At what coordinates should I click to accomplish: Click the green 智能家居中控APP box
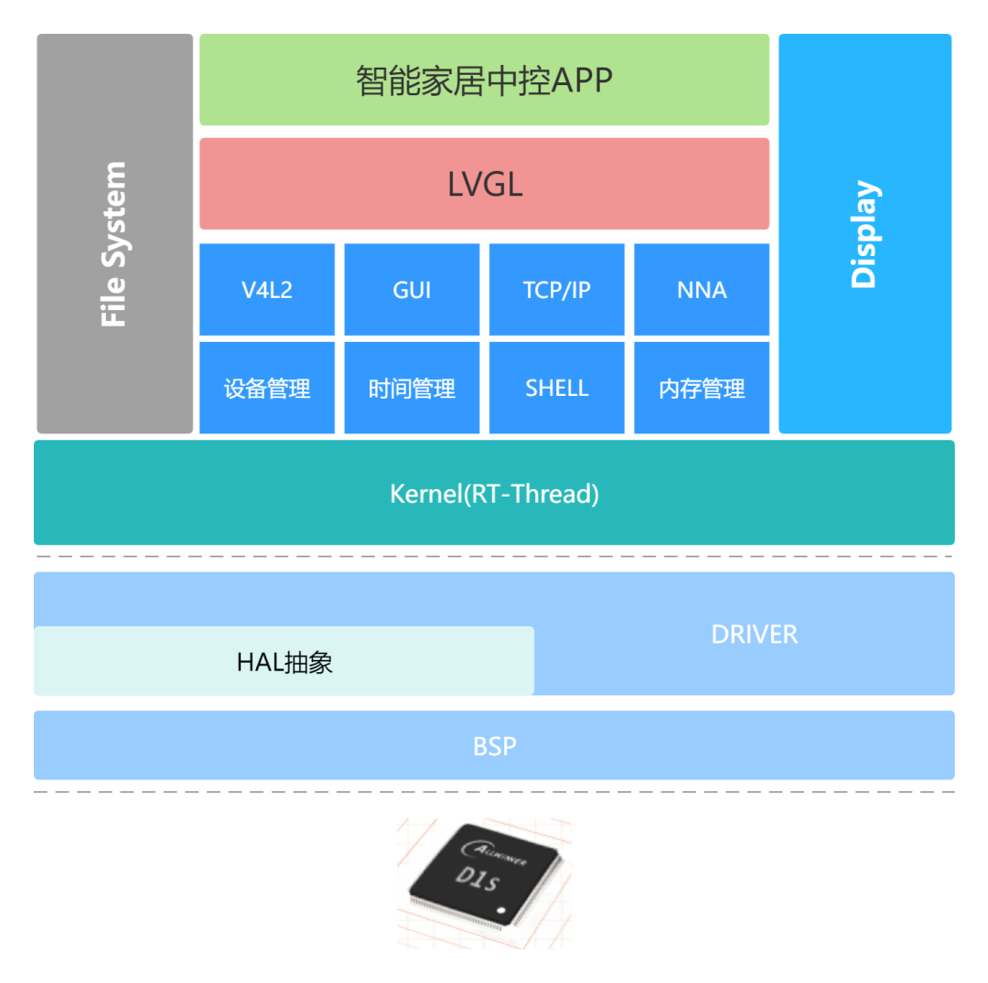[484, 80]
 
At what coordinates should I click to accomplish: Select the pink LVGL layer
[484, 184]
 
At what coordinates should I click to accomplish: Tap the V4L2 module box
[267, 290]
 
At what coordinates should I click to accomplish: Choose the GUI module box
[412, 290]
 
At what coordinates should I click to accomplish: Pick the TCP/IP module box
[557, 290]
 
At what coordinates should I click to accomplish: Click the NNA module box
[702, 290]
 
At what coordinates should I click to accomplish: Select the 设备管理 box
[267, 389]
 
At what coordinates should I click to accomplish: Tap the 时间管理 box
[412, 389]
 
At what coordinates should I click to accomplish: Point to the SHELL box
[557, 389]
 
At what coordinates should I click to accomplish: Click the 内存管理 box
[702, 389]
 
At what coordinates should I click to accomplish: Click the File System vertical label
[114, 244]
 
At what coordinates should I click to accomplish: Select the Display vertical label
[864, 234]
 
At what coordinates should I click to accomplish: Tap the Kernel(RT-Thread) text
[494, 494]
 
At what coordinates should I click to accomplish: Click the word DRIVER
[754, 634]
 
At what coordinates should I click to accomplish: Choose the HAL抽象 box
[284, 661]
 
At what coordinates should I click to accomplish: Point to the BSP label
[494, 746]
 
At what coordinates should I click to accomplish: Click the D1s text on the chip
[478, 878]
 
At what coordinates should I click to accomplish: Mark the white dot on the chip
[500, 911]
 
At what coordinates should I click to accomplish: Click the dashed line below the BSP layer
[494, 792]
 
